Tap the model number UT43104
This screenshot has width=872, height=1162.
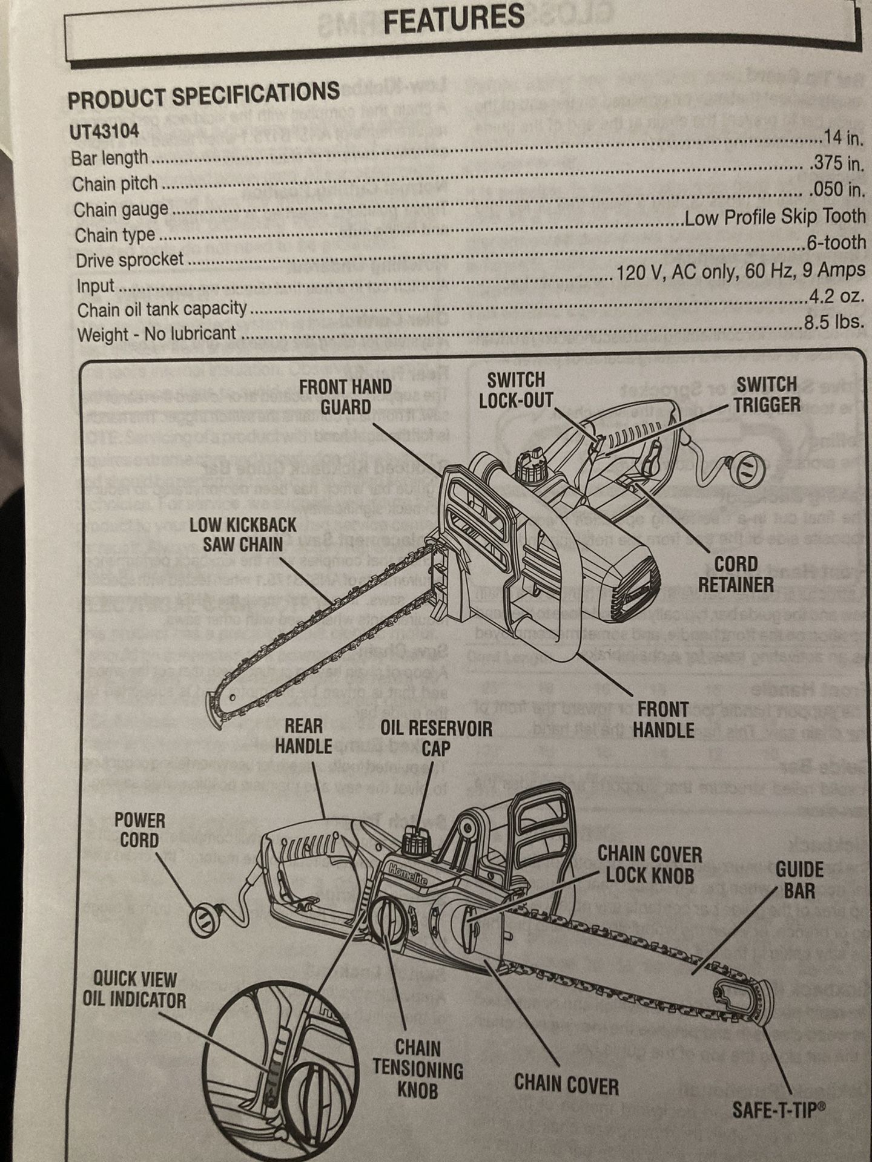(x=104, y=131)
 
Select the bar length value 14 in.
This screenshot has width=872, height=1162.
(x=842, y=137)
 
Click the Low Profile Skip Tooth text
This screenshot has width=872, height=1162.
(x=775, y=217)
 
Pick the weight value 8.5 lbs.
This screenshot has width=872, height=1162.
(x=834, y=322)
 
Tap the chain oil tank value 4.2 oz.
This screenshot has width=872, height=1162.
(x=836, y=296)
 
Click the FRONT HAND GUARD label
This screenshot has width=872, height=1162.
(x=345, y=396)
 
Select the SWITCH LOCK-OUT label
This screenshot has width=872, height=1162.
(x=516, y=390)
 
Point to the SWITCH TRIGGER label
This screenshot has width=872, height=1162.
(x=767, y=394)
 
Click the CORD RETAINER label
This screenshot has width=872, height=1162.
(x=736, y=574)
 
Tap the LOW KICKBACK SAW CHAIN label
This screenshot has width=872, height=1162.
(x=243, y=534)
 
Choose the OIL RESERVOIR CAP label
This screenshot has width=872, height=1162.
(x=436, y=738)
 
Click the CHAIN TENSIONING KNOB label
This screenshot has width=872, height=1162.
(x=418, y=1069)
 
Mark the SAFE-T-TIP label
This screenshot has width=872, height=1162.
(x=778, y=1109)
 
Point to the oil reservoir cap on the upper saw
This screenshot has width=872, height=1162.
(x=533, y=465)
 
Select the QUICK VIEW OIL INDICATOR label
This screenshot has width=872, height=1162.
(x=134, y=989)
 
